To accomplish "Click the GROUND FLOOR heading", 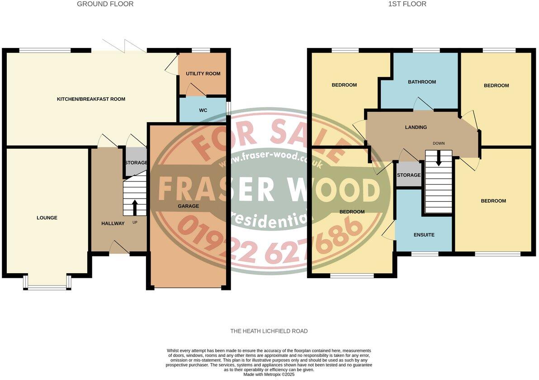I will [105, 4].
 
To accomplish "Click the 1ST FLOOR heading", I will [407, 4].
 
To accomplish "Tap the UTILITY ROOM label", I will [203, 74].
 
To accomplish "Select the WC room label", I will [203, 110].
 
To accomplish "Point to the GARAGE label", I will [188, 206].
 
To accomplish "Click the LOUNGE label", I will [47, 218].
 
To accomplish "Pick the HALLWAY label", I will [113, 223].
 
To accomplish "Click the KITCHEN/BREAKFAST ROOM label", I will [91, 99].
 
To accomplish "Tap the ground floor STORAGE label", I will [136, 163].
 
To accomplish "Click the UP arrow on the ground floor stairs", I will [135, 208].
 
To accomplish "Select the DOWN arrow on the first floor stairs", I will [438, 158].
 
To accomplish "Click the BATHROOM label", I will [422, 82].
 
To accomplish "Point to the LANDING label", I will [416, 128].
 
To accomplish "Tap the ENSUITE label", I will [424, 235].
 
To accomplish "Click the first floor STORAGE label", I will [409, 176].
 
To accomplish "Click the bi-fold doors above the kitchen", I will [123, 46].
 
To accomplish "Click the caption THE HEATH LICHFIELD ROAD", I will [269, 331].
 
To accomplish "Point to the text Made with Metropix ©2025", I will [269, 375].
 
